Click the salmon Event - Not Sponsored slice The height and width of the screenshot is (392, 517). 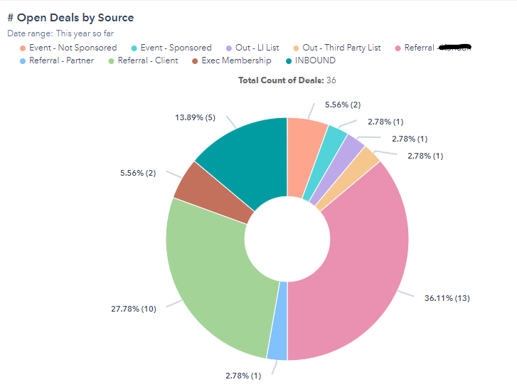[304, 153]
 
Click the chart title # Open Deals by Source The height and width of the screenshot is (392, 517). [70, 18]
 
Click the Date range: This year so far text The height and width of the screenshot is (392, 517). [60, 33]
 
